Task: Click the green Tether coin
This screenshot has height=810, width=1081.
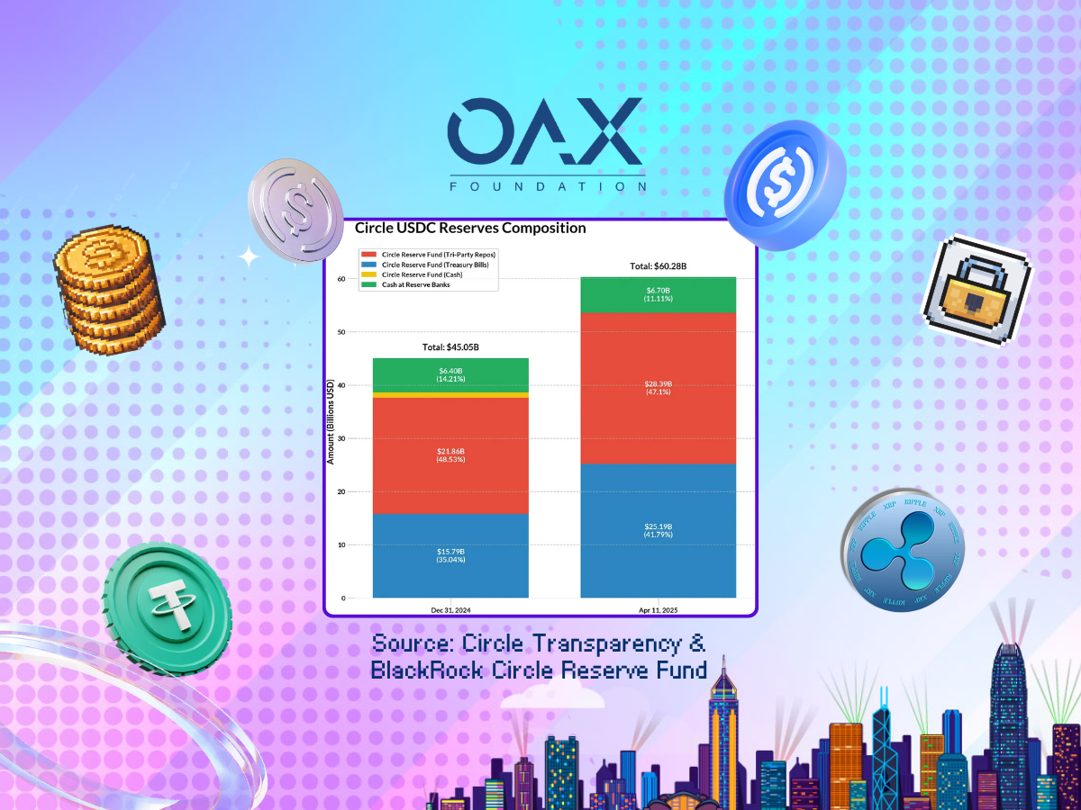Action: point(167,608)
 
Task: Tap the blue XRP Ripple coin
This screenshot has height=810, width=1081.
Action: point(903,550)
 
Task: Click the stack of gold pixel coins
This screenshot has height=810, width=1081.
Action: point(109,290)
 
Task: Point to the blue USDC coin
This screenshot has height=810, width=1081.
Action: point(785,185)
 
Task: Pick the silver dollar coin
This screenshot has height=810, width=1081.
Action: point(295,211)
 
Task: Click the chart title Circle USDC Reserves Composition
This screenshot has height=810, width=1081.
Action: point(470,229)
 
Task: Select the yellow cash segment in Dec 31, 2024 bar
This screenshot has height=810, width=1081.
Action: point(450,395)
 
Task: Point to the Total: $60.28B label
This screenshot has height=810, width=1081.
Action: point(658,266)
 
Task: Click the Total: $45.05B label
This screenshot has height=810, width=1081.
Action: point(450,347)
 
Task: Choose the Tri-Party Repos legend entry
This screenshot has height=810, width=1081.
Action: point(429,255)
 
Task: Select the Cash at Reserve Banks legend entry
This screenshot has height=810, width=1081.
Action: point(405,284)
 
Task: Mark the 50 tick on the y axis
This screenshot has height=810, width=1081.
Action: point(341,332)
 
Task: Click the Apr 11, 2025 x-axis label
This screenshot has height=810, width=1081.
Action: point(658,610)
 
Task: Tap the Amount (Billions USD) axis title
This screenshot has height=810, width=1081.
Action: point(331,421)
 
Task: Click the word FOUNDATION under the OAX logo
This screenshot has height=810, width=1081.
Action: point(548,187)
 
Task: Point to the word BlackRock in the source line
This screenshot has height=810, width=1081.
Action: point(426,670)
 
